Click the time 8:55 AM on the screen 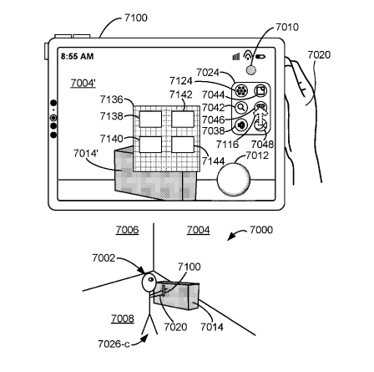point(77,57)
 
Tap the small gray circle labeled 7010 point(251,70)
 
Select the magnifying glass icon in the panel point(241,108)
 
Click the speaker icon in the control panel point(241,125)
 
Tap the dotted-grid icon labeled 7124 point(241,90)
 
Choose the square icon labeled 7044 point(260,90)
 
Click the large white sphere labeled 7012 point(234,180)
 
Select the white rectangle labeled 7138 point(150,119)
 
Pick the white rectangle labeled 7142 point(183,119)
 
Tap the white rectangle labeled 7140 point(150,145)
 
